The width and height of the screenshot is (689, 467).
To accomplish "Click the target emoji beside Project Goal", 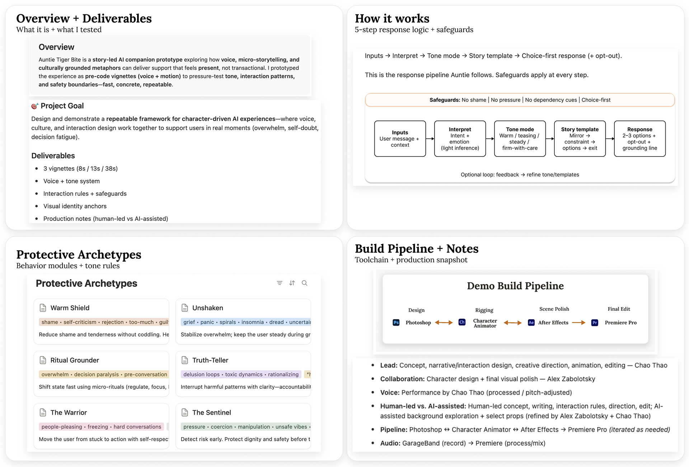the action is [34, 106].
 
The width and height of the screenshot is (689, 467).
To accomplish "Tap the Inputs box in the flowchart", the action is [400, 139].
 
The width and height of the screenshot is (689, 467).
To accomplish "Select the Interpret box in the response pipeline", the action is [460, 139].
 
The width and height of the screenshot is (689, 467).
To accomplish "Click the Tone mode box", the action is [520, 139].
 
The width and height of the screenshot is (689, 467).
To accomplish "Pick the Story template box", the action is [580, 139].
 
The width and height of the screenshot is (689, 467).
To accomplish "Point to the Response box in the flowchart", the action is [639, 139].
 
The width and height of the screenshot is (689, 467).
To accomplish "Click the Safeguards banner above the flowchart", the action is [520, 100].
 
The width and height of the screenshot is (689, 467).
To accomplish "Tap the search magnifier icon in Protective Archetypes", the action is [304, 283].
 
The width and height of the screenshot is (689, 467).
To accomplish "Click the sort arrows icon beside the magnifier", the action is [292, 283].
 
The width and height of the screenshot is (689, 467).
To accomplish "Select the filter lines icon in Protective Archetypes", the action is [280, 283].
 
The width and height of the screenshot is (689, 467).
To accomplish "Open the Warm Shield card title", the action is [70, 308].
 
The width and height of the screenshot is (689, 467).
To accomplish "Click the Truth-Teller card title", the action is [210, 360].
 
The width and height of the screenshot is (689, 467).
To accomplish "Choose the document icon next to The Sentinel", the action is [185, 413].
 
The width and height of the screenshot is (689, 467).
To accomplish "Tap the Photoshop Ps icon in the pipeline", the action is [396, 323].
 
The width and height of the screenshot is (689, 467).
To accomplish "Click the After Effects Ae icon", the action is [531, 323].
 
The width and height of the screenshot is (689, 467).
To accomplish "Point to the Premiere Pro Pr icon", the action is [595, 323].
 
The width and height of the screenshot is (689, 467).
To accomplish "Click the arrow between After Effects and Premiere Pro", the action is [578, 323].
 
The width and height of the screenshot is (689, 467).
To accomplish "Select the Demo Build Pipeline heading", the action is [515, 286].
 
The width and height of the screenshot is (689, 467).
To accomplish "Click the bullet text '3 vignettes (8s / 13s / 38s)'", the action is [80, 169].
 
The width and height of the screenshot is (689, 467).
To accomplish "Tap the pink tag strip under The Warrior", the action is [101, 427].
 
